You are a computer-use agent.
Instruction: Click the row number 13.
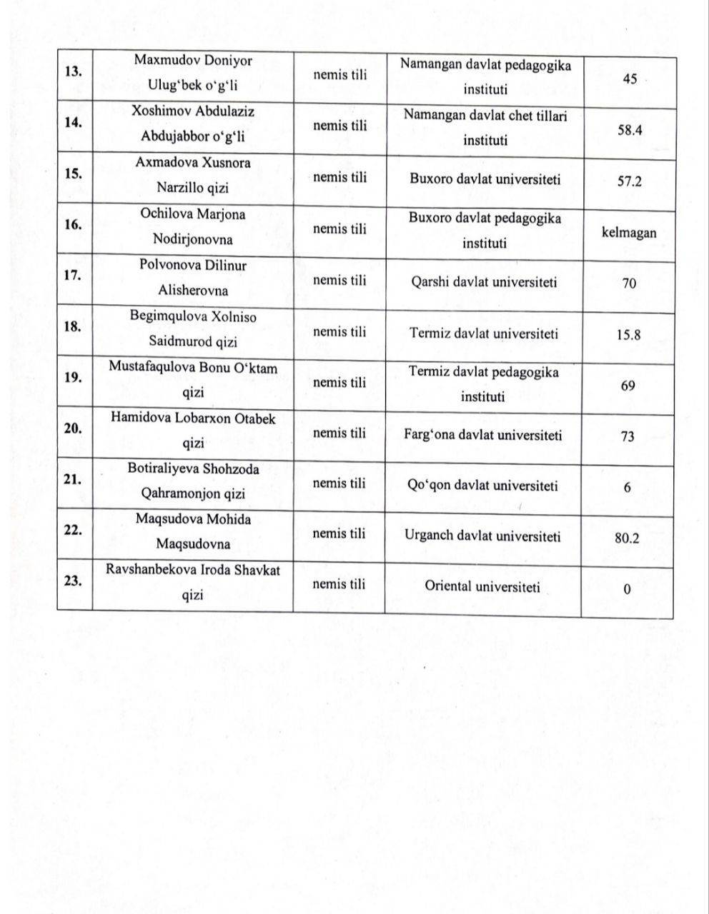click(x=72, y=71)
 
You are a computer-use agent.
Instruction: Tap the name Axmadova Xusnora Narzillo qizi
click(x=193, y=176)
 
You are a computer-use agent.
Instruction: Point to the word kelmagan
click(x=629, y=232)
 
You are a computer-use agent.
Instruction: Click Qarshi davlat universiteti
click(x=484, y=282)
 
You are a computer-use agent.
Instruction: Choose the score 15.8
click(x=628, y=334)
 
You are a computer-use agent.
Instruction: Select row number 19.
click(x=72, y=378)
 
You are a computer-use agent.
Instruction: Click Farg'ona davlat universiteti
click(x=483, y=435)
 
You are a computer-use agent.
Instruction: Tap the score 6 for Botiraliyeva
click(x=628, y=487)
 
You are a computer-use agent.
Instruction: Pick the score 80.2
click(x=627, y=538)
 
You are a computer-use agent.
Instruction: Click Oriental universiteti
click(x=482, y=587)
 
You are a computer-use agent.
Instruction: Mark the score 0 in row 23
click(x=627, y=590)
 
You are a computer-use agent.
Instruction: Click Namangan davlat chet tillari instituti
click(x=485, y=127)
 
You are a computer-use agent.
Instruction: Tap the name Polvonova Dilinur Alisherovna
click(x=193, y=278)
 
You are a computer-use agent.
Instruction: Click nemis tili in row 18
click(x=339, y=332)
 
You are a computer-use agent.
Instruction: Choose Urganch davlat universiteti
click(x=482, y=536)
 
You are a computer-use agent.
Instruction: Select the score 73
click(x=628, y=436)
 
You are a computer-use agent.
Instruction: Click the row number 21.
click(x=72, y=480)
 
